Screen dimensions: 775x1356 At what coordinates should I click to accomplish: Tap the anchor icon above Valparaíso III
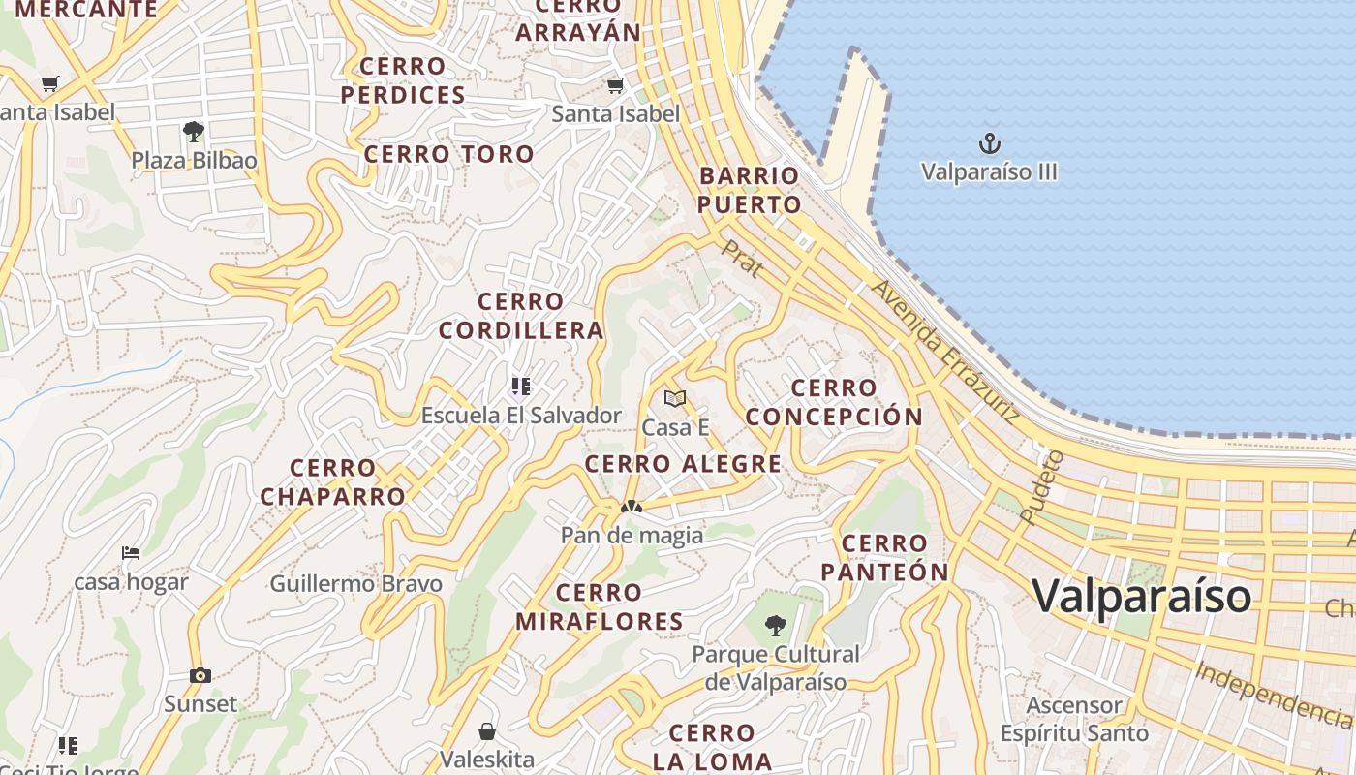pos(989,144)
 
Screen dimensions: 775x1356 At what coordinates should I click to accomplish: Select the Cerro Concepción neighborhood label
pos(834,402)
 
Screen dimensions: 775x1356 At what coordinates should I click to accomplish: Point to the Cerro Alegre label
pos(683,464)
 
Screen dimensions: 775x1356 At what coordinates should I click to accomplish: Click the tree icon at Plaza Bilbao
pos(194,132)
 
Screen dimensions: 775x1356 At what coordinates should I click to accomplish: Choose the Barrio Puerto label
pos(749,190)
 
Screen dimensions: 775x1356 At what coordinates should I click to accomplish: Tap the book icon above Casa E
pos(675,398)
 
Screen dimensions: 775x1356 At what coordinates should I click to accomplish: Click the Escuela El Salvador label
pos(521,416)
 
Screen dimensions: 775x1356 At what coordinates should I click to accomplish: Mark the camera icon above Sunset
pos(200,675)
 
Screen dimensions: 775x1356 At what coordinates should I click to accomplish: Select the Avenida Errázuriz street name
pos(944,351)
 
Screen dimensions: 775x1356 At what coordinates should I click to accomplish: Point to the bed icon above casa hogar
pos(131,553)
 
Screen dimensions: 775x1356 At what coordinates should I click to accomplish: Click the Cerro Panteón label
pos(884,557)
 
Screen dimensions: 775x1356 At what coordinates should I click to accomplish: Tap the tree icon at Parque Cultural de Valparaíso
pos(775,626)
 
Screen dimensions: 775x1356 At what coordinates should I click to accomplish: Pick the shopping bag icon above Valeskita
pos(487,730)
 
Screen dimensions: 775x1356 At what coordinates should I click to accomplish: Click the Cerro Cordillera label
pos(521,316)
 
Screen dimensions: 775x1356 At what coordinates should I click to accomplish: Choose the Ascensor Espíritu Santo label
pos(1074,719)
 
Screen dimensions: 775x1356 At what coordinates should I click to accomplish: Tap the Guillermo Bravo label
pos(355,584)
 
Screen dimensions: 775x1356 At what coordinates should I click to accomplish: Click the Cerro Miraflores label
pos(600,606)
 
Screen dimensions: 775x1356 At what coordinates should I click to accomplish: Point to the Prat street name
pos(741,259)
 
